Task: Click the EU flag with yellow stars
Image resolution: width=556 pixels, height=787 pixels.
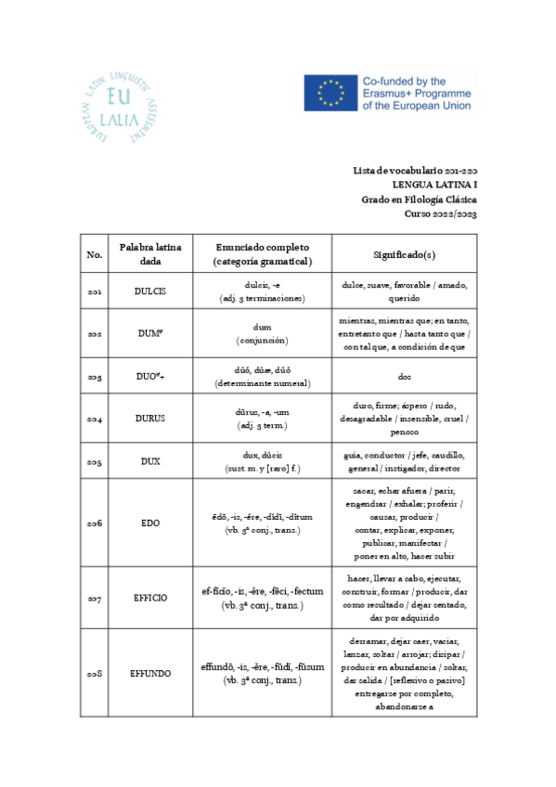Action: click(x=328, y=93)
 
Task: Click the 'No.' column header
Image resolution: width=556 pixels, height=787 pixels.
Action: click(x=95, y=254)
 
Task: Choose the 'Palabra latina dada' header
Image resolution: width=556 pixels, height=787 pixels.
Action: click(x=150, y=254)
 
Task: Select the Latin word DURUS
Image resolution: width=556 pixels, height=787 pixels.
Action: click(x=150, y=419)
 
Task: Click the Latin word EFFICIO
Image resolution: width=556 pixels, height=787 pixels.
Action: click(x=150, y=599)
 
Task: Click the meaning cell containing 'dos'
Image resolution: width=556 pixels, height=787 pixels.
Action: click(x=404, y=378)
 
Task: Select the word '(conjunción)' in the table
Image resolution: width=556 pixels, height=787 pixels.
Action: click(x=262, y=342)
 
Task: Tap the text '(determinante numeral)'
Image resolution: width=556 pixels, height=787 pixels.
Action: click(x=262, y=383)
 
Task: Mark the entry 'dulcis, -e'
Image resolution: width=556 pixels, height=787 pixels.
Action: click(x=262, y=286)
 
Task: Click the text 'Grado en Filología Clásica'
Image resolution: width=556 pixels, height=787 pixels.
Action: click(x=419, y=200)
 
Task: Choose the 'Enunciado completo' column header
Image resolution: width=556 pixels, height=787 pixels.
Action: click(x=262, y=248)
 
